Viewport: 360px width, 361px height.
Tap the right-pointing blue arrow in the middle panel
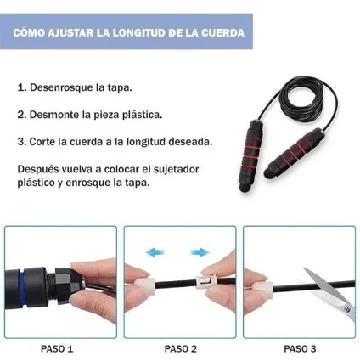[x=200, y=252]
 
